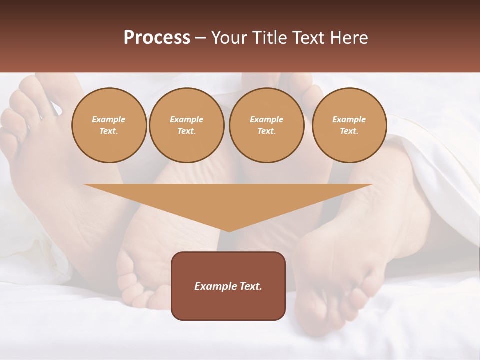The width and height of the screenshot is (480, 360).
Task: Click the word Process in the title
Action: (x=157, y=38)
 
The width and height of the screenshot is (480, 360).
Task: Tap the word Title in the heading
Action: (x=270, y=38)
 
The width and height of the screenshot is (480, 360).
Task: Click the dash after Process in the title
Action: (x=201, y=38)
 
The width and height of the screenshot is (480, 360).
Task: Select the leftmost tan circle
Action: (x=109, y=125)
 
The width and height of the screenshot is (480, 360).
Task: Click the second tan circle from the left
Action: (x=187, y=125)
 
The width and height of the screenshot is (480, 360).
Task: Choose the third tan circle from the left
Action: (x=267, y=125)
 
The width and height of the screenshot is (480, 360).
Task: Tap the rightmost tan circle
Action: (x=349, y=125)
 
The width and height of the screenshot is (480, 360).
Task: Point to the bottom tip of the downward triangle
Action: (x=229, y=231)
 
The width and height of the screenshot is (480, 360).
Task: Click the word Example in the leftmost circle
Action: (x=109, y=119)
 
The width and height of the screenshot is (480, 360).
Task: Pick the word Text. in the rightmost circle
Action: (x=349, y=131)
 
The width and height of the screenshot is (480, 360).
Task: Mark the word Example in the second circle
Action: (x=187, y=119)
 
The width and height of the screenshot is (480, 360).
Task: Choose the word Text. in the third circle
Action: (x=267, y=131)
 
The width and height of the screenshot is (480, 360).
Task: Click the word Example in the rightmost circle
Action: (x=349, y=119)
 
